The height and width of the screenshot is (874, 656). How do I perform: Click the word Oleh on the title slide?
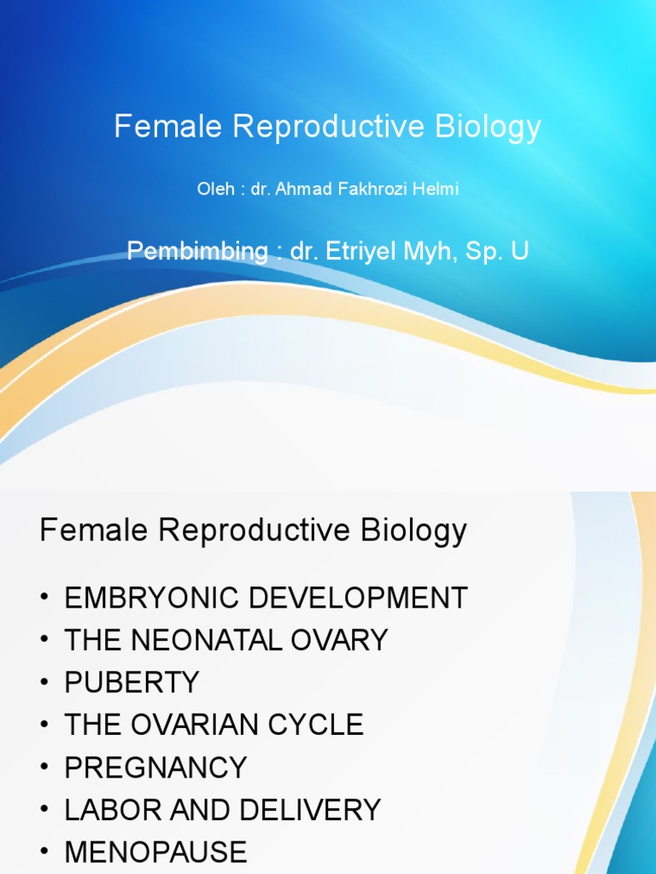tap(215, 189)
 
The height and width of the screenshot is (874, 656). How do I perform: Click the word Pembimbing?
tap(197, 251)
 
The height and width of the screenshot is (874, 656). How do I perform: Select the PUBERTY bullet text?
tap(132, 683)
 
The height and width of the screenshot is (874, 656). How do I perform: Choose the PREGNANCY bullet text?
tap(155, 767)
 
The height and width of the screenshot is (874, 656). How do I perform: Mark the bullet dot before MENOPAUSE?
tap(45, 853)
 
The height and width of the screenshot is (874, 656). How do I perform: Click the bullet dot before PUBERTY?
tap(45, 683)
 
